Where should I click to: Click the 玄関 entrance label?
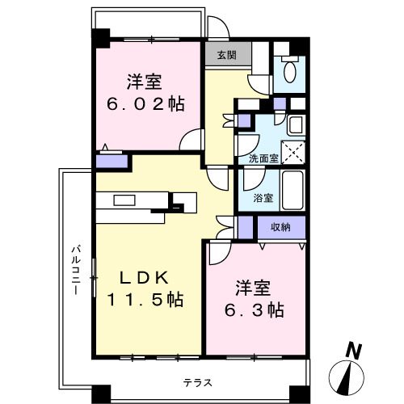pos(226,55)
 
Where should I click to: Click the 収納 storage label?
pos(280,227)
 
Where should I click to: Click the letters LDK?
pos(145,277)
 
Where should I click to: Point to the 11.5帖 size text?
pos(145,300)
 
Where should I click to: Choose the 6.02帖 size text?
pos(146,104)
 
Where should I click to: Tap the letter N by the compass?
pos(352,350)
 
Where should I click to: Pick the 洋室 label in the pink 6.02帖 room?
pos(145,82)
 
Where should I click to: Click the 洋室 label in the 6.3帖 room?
pos(254,287)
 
